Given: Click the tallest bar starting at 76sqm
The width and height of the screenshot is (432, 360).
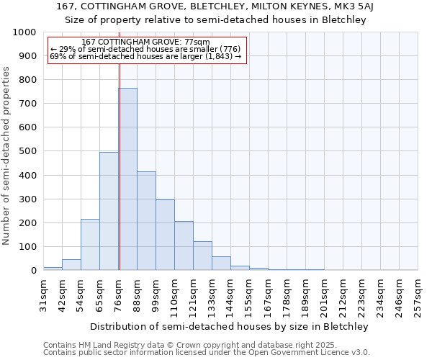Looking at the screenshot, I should coord(127,179).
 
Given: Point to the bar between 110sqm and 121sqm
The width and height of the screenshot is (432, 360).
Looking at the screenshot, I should coord(184,246).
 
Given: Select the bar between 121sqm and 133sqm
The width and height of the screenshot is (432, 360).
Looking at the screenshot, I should coord(202,256).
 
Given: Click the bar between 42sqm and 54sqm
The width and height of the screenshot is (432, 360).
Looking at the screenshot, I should coord(71,264).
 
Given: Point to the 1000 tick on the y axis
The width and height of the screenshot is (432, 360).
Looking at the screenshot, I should coord(25,32).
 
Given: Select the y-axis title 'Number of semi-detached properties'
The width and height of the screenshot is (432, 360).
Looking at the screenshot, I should coord(6,156).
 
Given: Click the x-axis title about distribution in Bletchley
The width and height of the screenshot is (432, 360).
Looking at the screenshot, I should coord(230,326).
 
